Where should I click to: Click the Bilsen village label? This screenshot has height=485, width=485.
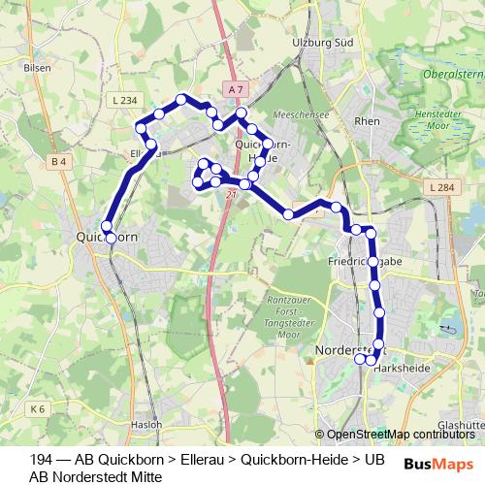coord(36,69)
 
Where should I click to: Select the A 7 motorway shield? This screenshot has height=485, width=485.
coord(235,89)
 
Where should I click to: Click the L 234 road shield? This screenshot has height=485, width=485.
coord(124,100)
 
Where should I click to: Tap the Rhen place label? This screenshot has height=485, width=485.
coord(368,121)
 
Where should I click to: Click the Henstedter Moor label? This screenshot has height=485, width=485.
coord(451,120)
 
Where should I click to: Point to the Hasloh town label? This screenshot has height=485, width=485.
coord(145,424)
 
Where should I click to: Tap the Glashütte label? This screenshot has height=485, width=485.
coord(460,424)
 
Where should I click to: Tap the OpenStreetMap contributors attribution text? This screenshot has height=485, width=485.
coord(400,434)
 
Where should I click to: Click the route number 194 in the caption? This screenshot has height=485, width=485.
coord(41,459)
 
